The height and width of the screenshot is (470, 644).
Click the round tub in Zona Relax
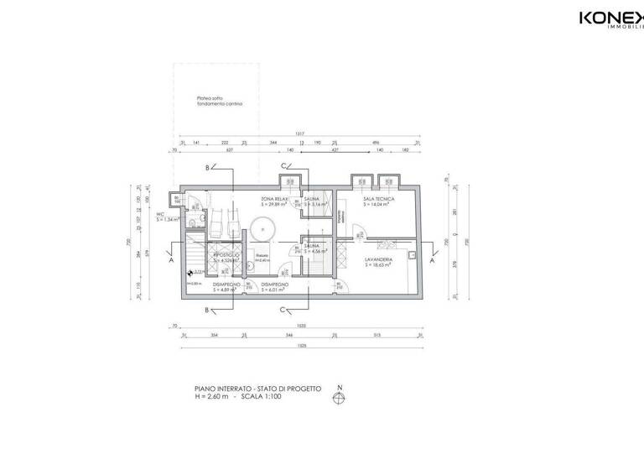click(x=263, y=227)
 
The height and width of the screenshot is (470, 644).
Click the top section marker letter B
click(x=207, y=167)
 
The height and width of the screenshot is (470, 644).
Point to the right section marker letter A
click(x=432, y=262)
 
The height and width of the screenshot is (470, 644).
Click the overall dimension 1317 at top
click(x=299, y=136)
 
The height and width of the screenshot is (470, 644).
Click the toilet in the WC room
click(x=194, y=221)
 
